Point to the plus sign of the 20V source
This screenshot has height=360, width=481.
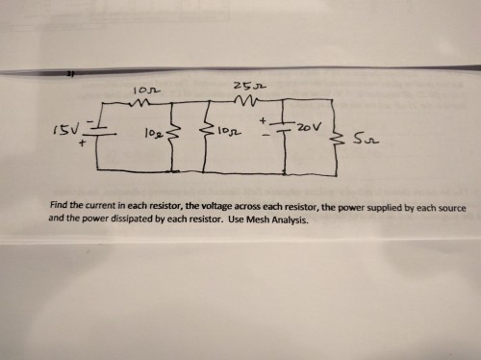[x=263, y=121]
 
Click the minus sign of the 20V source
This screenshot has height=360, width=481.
[x=263, y=140]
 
